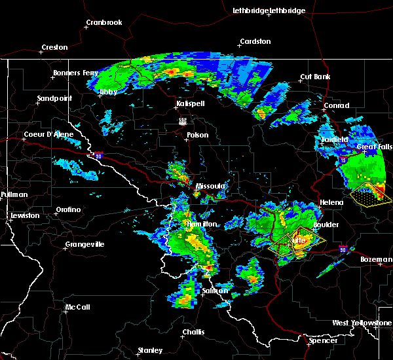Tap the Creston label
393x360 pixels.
[54, 47]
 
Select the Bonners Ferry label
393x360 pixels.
[76, 73]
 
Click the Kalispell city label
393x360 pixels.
[191, 104]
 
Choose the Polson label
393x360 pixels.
[197, 135]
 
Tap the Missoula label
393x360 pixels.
[211, 187]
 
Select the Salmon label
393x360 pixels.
[215, 291]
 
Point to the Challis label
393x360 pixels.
[193, 332]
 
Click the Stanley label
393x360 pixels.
[150, 351]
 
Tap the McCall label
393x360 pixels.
[77, 307]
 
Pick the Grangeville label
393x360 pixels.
[84, 245]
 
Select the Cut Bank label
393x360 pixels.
[315, 77]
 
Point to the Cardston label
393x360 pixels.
[255, 41]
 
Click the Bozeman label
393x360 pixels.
[376, 260]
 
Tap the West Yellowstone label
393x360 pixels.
[362, 323]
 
